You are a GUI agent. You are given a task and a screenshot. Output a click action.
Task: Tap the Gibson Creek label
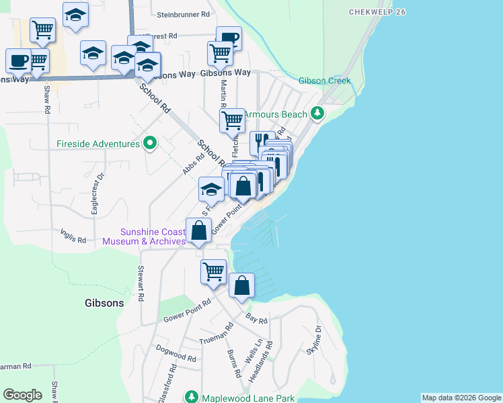325,81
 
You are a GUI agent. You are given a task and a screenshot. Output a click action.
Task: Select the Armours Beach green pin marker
317,114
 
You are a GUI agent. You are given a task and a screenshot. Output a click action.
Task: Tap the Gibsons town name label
104,303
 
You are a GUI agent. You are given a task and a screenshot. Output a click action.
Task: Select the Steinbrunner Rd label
183,13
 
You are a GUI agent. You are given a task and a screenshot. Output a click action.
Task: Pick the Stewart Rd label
141,283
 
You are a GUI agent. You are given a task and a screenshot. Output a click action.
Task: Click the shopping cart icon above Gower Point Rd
213,272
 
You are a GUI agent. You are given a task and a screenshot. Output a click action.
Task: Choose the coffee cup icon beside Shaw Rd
18,60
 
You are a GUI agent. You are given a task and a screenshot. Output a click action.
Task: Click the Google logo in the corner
22,395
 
